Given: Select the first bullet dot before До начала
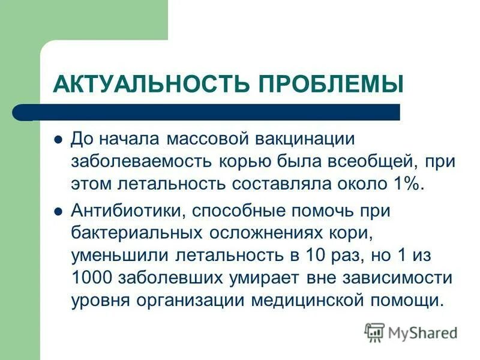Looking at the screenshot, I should pos(58,139).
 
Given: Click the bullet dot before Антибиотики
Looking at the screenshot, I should pos(58,211).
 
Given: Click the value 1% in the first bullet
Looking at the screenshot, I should pos(407,183).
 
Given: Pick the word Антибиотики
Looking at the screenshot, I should pos(127,212).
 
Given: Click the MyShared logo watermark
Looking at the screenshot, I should pos(411,332).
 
